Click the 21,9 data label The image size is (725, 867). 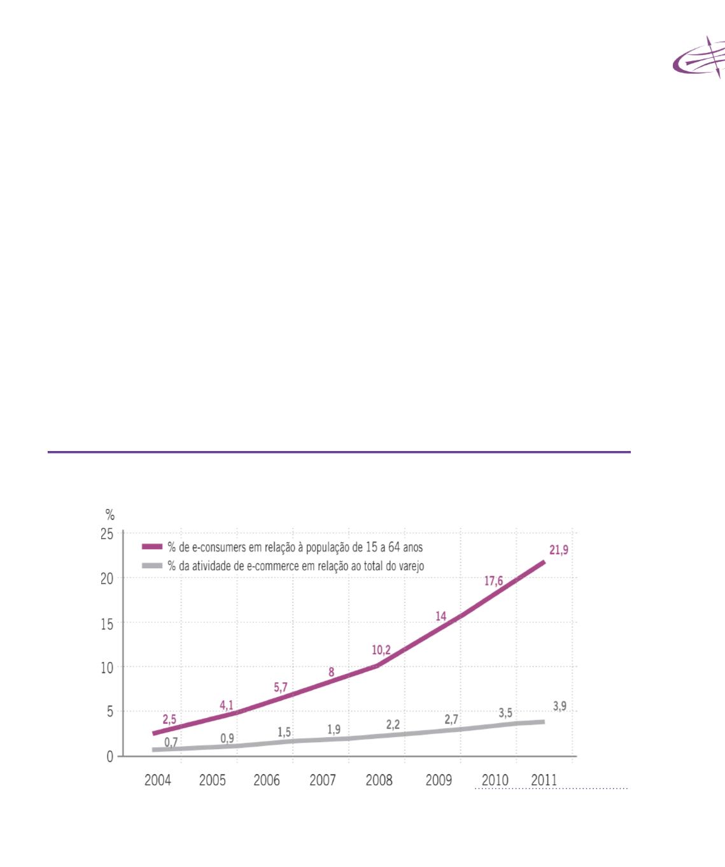coord(559,550)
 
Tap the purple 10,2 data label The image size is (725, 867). coord(381,650)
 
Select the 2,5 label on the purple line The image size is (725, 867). coord(169,719)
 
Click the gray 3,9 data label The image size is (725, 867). coord(560,706)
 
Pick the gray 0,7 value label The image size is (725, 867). coord(171,742)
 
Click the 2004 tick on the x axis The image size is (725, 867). coord(158,780)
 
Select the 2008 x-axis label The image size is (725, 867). coord(379,780)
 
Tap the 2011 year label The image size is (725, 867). coord(544,780)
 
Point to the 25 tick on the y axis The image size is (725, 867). coord(107,534)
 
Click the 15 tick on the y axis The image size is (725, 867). coord(107,624)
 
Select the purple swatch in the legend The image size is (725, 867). coord(152,547)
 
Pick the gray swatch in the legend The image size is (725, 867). coord(152,564)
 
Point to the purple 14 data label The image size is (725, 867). coord(441,616)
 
